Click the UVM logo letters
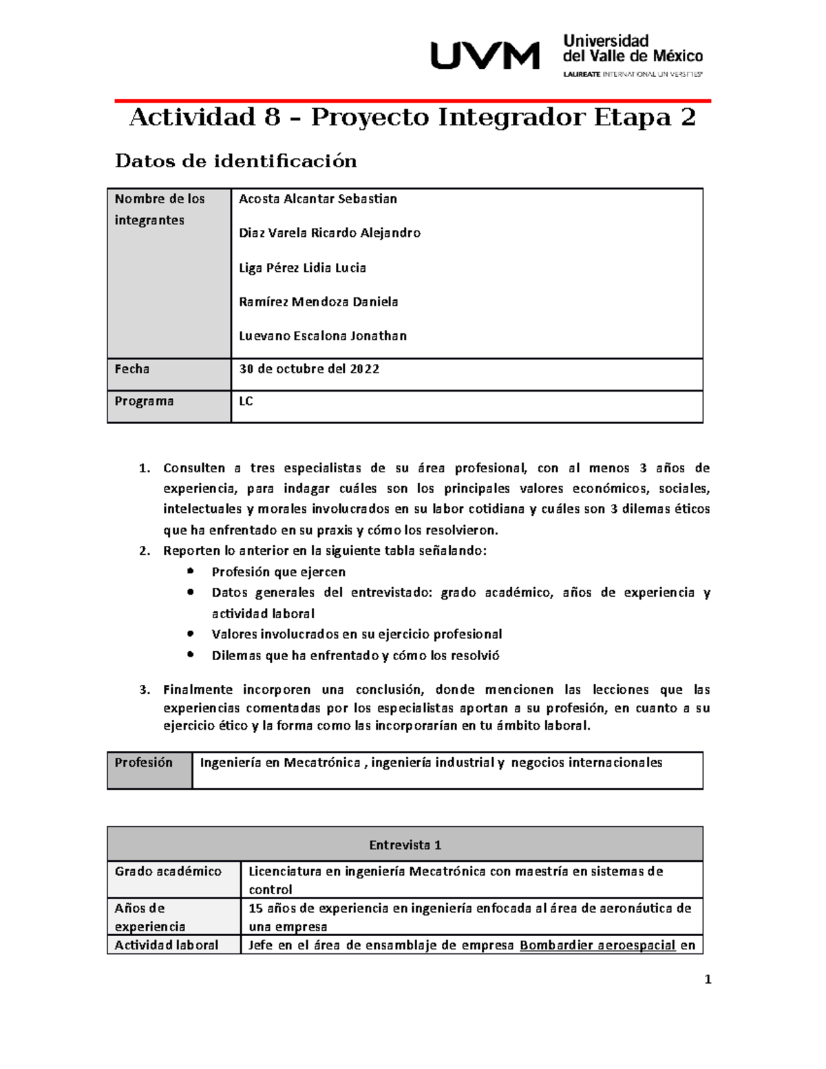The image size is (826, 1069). [x=485, y=55]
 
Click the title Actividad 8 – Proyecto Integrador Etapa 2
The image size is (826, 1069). [x=412, y=118]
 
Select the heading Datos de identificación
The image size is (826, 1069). [x=235, y=161]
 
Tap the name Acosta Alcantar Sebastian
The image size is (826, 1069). [x=317, y=199]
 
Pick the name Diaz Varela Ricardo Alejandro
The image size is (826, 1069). [x=329, y=233]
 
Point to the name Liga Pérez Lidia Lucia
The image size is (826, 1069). [x=302, y=268]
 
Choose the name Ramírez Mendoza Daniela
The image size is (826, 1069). [x=318, y=301]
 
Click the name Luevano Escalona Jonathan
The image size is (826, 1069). [x=322, y=336]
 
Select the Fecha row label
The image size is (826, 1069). [x=132, y=369]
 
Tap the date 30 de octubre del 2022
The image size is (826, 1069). [x=309, y=369]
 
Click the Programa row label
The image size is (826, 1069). [x=144, y=401]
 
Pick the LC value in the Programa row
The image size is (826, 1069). [x=246, y=401]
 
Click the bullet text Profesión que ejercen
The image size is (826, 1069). [x=278, y=572]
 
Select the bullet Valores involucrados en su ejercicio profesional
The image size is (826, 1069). [x=357, y=634]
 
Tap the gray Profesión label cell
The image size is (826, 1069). [x=144, y=763]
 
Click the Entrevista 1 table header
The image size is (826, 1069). [x=405, y=845]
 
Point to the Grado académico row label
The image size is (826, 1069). [x=168, y=871]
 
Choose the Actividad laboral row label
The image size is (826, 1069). [x=167, y=945]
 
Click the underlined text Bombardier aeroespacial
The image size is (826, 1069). [x=597, y=945]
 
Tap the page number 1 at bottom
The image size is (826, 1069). [x=708, y=980]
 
